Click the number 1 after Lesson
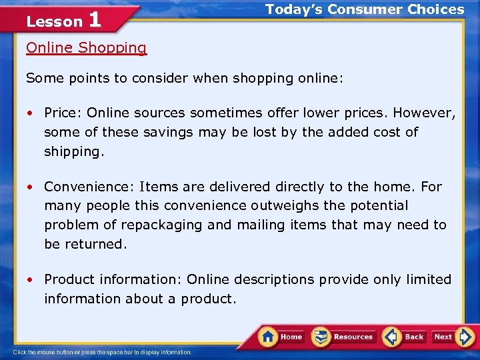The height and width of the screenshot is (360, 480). point(95,20)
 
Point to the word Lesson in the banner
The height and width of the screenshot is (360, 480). point(54,22)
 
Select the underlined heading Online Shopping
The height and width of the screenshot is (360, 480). point(86,48)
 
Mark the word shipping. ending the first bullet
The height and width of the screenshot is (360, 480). point(74,151)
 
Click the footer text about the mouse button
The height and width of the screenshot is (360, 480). point(102,352)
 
